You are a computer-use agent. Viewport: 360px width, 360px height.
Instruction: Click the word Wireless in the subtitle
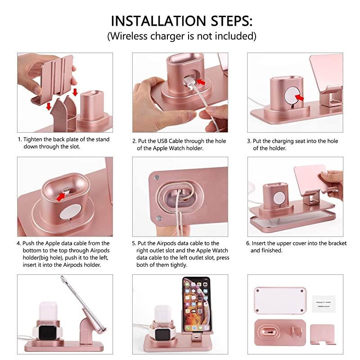(x=130, y=36)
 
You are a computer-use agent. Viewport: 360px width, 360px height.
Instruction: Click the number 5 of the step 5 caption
(x=134, y=243)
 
